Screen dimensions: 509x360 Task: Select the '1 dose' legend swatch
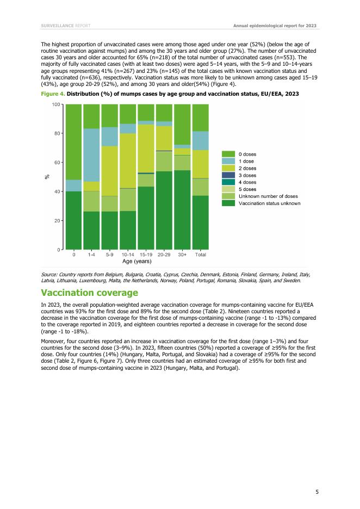point(228,162)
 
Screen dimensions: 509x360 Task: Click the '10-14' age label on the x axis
point(128,254)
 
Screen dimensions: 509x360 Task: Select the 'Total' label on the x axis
point(200,254)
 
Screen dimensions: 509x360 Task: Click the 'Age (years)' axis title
point(136,262)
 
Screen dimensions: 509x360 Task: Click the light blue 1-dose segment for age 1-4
point(91,155)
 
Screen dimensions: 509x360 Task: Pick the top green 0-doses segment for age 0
point(73,142)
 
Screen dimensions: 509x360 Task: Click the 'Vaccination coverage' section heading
point(89,293)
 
